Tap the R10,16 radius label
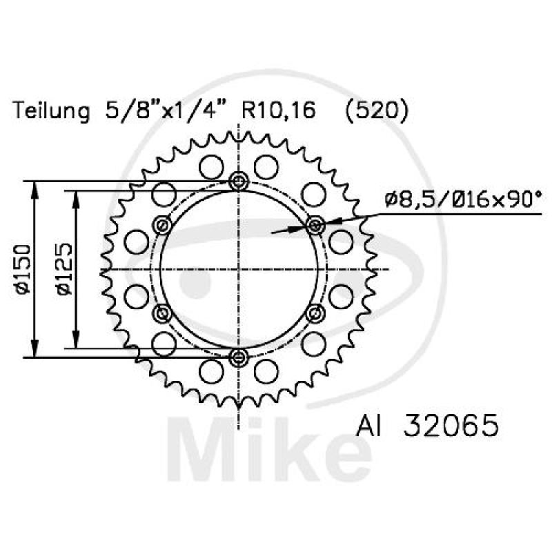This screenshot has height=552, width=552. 274,110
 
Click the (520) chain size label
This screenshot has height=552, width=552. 377,110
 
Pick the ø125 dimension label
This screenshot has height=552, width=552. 63,269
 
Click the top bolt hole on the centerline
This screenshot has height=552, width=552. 239,181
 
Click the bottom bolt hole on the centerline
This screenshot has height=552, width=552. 239,357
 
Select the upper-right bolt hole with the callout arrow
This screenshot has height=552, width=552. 315,225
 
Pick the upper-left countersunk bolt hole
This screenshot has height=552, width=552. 163,225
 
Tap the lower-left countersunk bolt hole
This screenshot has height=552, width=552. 163,313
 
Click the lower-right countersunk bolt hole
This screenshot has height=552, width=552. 315,313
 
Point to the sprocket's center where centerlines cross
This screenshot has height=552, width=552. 239,269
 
